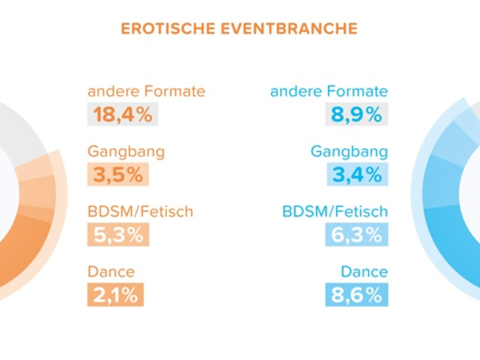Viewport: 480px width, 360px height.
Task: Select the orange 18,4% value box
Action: point(123,115)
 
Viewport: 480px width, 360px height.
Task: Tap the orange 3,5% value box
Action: point(118,175)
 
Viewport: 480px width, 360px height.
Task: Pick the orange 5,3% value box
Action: point(118,235)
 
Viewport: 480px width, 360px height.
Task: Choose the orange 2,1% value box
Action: point(116,295)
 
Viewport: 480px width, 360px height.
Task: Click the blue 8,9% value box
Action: point(356,115)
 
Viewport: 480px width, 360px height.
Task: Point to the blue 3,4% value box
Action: point(356,175)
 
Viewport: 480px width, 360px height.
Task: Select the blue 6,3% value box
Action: point(356,235)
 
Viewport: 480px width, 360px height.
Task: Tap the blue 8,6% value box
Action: point(356,295)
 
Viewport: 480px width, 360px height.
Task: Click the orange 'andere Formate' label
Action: point(146,92)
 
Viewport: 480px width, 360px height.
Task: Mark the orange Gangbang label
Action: point(126,152)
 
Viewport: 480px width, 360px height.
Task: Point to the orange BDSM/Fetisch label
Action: point(140,212)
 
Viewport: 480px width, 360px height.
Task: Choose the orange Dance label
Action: point(111,272)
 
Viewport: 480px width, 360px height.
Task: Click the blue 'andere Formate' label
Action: point(329,92)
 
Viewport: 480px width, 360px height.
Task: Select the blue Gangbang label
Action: point(349,152)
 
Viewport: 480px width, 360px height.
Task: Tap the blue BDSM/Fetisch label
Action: point(335,212)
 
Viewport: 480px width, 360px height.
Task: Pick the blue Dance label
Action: point(364,272)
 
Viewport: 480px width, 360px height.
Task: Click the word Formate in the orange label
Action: point(175,92)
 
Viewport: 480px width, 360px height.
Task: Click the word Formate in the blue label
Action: point(358,92)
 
